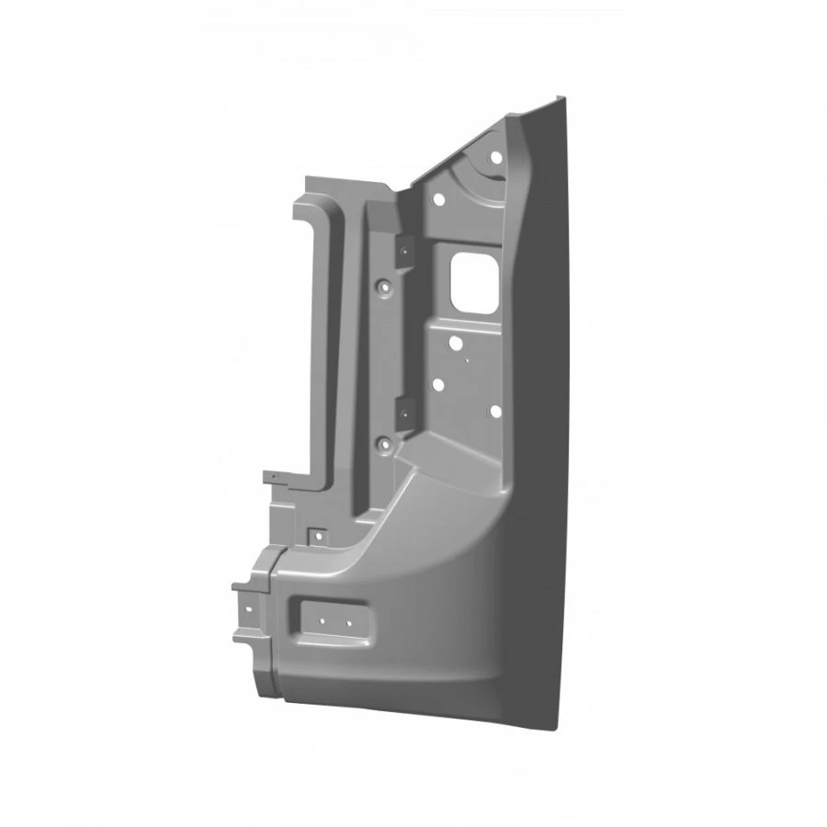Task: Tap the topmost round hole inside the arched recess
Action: point(496,157)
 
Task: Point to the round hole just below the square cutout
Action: point(455,344)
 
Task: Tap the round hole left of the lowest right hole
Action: point(438,385)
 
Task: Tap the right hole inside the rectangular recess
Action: point(349,622)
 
